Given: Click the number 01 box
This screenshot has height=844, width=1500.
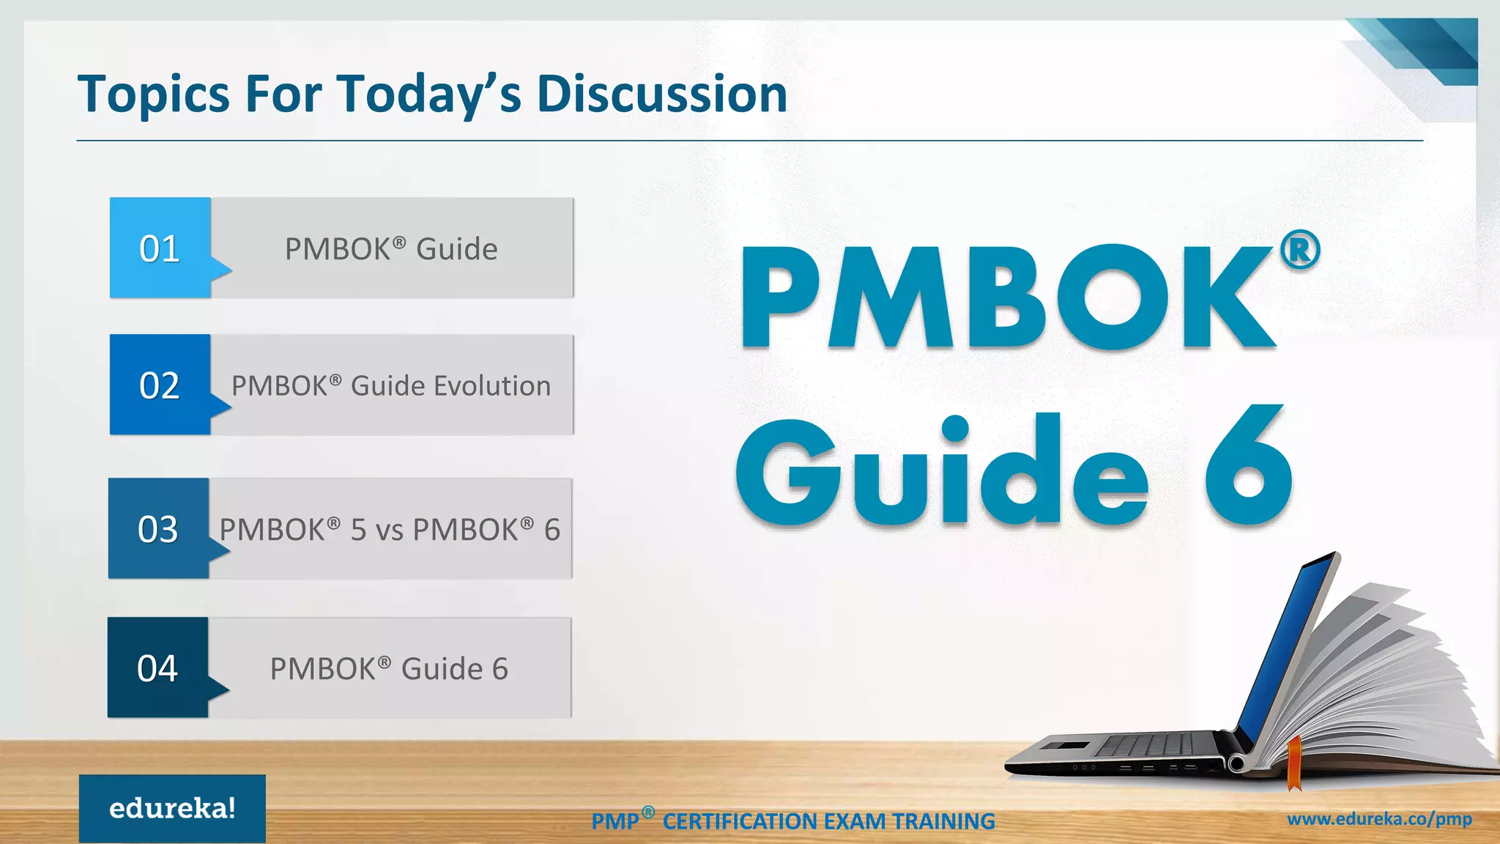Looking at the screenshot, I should (x=160, y=248).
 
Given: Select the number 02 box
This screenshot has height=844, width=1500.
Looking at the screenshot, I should (x=160, y=385).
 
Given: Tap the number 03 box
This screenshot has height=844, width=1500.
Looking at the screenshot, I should (x=158, y=529).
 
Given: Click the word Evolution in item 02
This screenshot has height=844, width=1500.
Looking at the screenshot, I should (x=491, y=386).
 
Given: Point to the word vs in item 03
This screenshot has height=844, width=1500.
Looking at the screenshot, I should (x=388, y=530).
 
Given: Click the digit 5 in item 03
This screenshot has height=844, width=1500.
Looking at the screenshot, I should (x=357, y=530).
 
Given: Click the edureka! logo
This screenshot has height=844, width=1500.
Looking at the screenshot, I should (x=172, y=808).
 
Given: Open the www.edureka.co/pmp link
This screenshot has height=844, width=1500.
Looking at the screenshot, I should (x=1379, y=819).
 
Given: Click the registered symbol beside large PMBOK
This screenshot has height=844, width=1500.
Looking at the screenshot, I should (x=1299, y=251).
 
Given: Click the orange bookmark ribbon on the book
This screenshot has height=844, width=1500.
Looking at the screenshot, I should (x=1294, y=763).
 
